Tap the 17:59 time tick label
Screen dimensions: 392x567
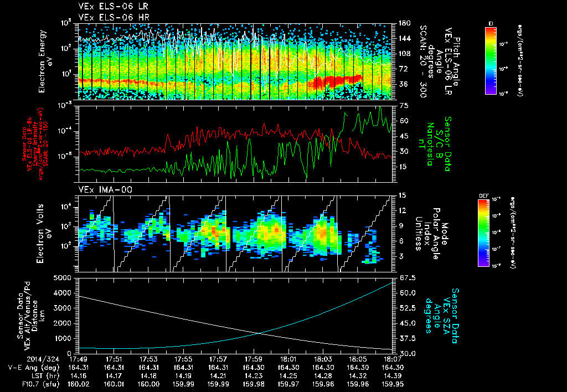[253, 358]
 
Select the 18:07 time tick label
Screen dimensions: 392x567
[393, 358]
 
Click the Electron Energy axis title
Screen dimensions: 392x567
[45, 61]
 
